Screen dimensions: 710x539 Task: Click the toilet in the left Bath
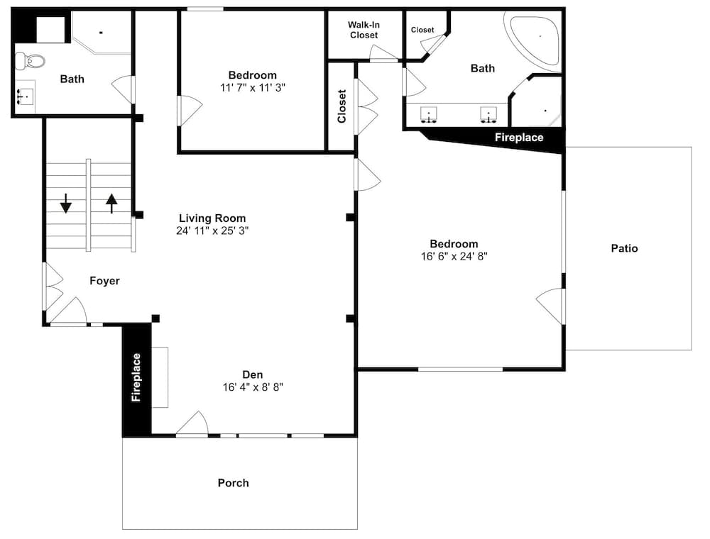click(x=31, y=61)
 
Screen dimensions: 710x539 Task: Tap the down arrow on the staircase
click(x=66, y=204)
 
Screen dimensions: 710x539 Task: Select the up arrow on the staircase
click(x=111, y=204)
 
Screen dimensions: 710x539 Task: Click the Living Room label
click(x=212, y=218)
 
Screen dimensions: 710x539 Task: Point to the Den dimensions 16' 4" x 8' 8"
click(x=253, y=387)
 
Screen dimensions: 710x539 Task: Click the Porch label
click(x=233, y=483)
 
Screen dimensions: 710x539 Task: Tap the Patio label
click(x=624, y=248)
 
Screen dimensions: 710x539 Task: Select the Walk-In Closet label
click(x=364, y=30)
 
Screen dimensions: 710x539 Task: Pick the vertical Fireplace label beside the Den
click(x=136, y=377)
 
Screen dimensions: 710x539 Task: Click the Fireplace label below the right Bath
click(x=519, y=138)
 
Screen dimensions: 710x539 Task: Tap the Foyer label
click(x=104, y=281)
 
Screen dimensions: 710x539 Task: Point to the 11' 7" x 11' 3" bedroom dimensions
click(x=253, y=88)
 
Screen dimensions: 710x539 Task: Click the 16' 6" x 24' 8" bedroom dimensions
click(x=454, y=257)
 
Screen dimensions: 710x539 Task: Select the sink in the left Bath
click(x=25, y=96)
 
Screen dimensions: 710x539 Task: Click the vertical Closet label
click(x=342, y=106)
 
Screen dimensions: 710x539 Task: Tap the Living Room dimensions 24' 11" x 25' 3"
click(x=212, y=230)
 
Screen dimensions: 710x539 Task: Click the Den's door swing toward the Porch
click(x=192, y=423)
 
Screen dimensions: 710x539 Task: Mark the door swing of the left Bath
click(x=123, y=89)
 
